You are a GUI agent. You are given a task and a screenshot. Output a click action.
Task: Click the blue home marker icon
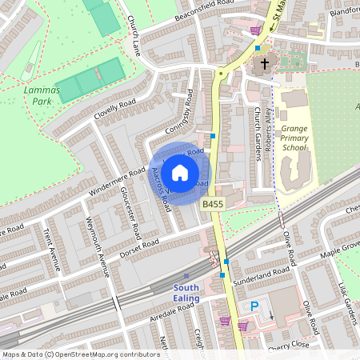click(180, 172)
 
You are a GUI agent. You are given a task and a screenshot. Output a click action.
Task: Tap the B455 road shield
click(212, 206)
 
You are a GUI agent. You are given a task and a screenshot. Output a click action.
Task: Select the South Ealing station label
click(186, 293)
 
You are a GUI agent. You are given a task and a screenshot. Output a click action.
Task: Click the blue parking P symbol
click(255, 306)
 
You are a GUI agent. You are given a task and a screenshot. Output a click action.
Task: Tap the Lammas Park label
click(36, 97)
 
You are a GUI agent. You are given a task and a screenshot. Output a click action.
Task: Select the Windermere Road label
click(114, 178)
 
